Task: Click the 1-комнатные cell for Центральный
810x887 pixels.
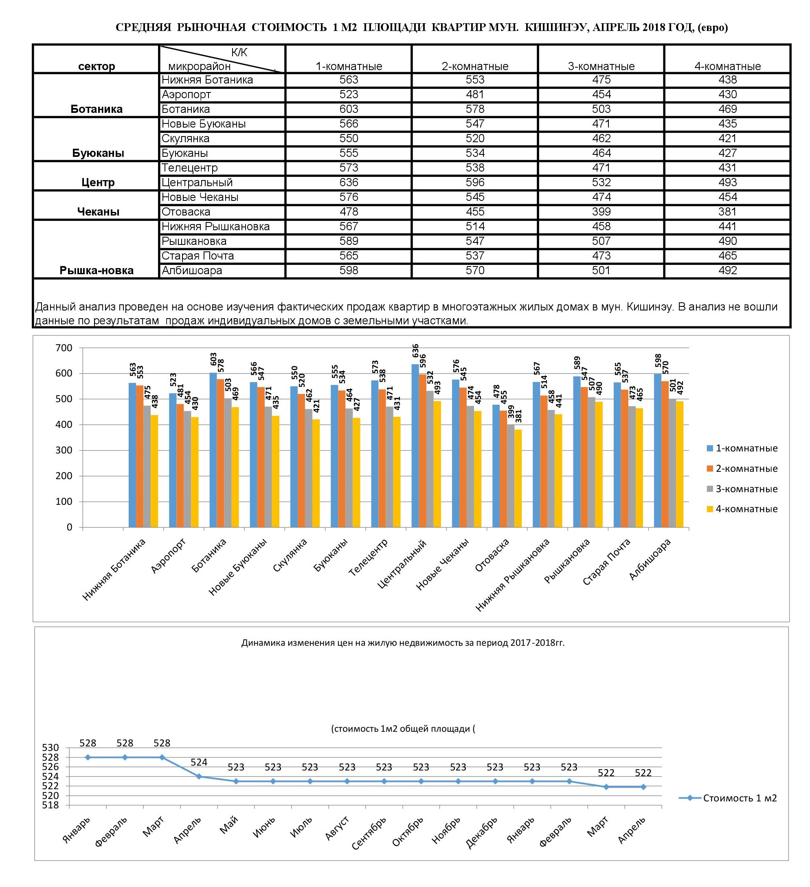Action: (348, 183)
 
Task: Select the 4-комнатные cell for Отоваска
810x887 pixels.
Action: (727, 212)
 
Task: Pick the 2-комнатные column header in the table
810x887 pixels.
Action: (475, 66)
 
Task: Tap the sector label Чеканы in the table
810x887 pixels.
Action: (98, 212)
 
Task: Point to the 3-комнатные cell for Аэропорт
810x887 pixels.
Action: (601, 95)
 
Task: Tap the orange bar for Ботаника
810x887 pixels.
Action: (220, 453)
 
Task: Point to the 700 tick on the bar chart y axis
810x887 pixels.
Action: (64, 348)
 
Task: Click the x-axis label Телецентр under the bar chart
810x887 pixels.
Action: (369, 557)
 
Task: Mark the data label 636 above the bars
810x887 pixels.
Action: (415, 354)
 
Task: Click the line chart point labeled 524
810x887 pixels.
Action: (199, 777)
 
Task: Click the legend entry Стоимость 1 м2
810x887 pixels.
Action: (728, 798)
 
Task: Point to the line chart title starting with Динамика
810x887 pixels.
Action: (403, 643)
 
